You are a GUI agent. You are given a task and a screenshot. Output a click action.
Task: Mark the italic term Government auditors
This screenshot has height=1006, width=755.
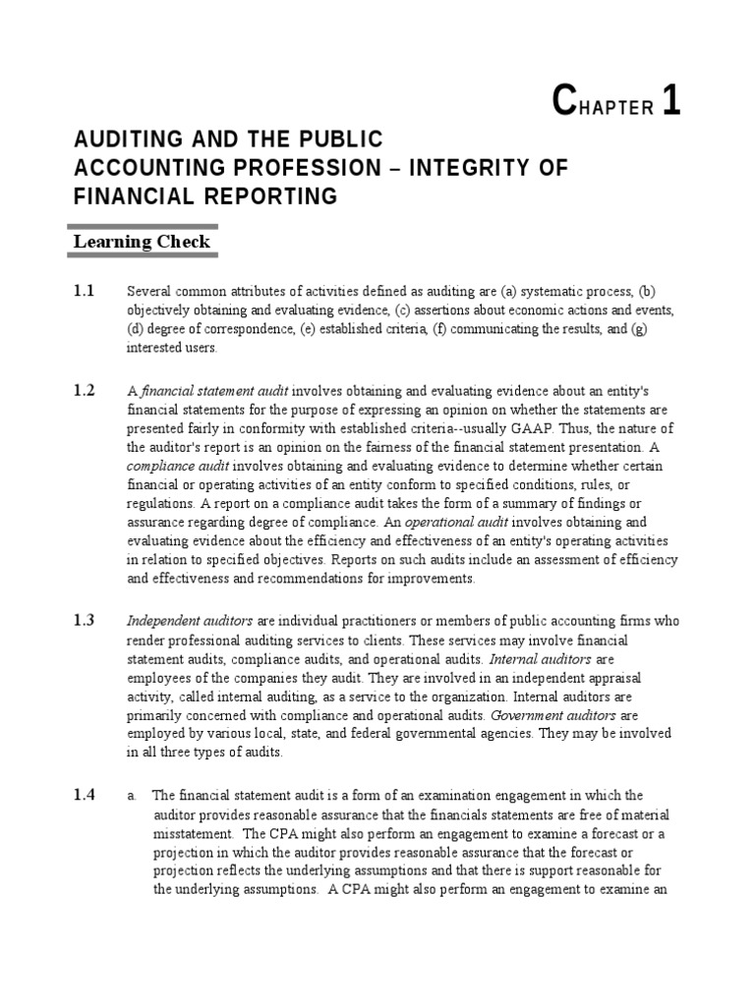(552, 715)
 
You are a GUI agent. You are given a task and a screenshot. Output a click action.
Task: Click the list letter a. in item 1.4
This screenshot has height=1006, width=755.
(131, 797)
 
